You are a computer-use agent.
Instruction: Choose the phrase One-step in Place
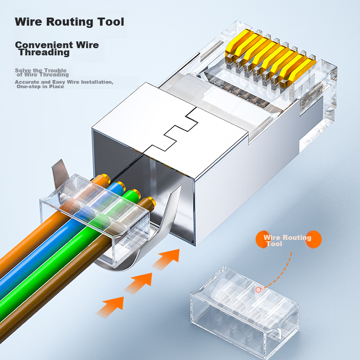tap(40, 86)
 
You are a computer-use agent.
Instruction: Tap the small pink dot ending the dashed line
tap(258, 290)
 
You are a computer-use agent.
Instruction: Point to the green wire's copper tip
tap(135, 193)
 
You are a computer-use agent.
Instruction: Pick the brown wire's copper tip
tap(150, 201)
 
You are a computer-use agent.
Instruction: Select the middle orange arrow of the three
tap(139, 282)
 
